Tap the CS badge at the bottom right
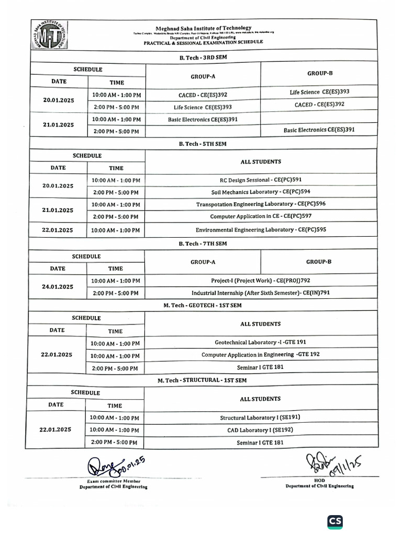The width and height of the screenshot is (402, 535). click(335, 521)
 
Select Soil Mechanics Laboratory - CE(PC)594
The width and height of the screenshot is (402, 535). click(261, 192)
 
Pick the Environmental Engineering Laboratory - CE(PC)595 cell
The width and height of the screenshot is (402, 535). click(261, 229)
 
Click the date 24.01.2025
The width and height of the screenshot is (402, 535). click(58, 287)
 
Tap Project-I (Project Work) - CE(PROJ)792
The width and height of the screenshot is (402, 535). click(261, 281)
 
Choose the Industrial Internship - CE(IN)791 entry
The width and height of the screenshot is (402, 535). click(261, 293)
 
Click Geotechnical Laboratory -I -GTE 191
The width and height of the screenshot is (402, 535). click(261, 342)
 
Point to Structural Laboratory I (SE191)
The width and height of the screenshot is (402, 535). click(260, 417)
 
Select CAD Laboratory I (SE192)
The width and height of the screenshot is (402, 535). click(260, 430)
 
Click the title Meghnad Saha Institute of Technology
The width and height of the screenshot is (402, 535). click(203, 28)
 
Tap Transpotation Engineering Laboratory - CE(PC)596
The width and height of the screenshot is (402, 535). click(261, 204)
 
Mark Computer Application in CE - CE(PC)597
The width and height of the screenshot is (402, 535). click(261, 216)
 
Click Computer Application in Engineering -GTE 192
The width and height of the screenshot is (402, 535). click(261, 355)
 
